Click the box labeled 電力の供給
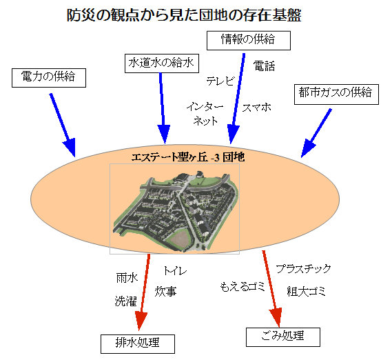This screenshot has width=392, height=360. point(49,78)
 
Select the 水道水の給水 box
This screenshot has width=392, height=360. point(162,63)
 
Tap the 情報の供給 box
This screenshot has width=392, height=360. point(249,41)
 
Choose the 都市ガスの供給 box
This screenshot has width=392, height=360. point(336,94)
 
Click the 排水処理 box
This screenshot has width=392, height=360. point(138,344)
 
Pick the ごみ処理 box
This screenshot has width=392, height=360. point(283,337)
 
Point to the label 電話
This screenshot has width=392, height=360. point(264,66)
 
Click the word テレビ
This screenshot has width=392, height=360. point(220,81)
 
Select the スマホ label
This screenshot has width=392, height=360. point(256,108)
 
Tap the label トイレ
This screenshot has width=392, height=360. point(175,270)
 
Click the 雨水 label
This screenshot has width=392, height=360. point(127,278)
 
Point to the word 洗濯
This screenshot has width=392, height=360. point(126,301)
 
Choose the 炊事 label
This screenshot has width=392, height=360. point(165,292)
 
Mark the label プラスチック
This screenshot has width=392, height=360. point(303,269)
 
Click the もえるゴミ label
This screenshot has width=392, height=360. point(243,286)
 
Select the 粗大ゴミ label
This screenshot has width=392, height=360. point(306,292)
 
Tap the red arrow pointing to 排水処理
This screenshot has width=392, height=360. point(143,292)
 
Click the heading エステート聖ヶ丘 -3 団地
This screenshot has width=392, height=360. point(188,157)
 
